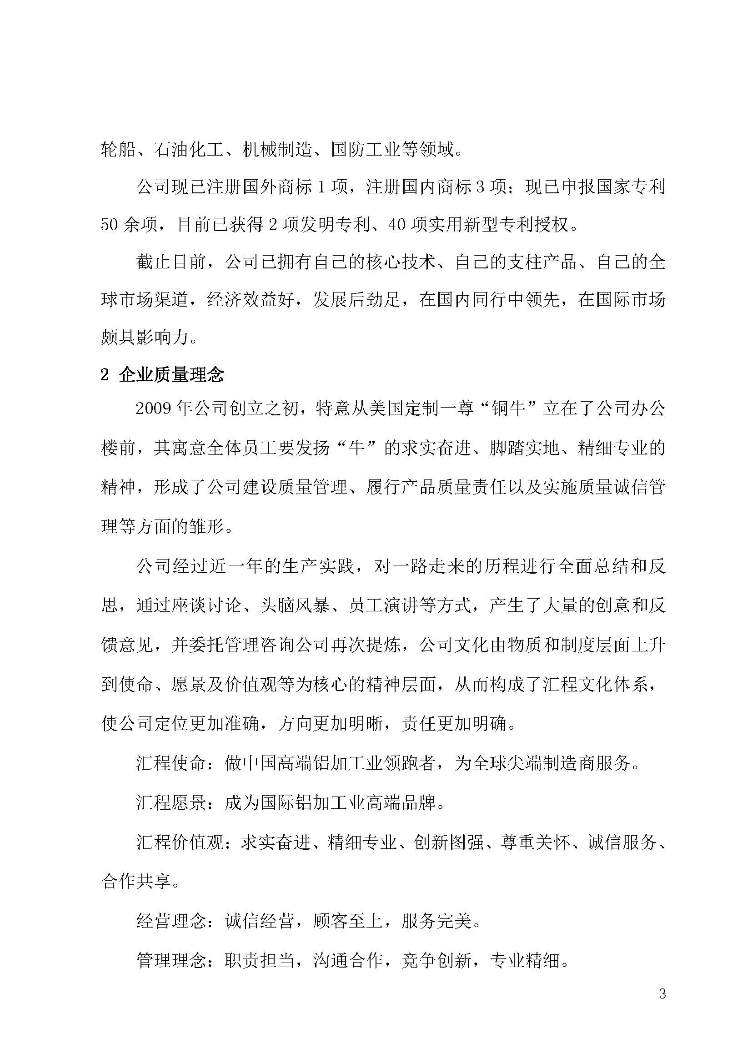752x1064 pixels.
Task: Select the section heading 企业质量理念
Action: pos(171,374)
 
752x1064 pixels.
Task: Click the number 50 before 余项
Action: pos(110,225)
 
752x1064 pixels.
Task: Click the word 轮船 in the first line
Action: pos(118,150)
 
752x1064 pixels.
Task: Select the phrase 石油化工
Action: pos(189,150)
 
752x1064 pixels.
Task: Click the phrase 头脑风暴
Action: pos(295,605)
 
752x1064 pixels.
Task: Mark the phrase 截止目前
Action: pos(171,262)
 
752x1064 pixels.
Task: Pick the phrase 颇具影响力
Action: pos(145,338)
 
